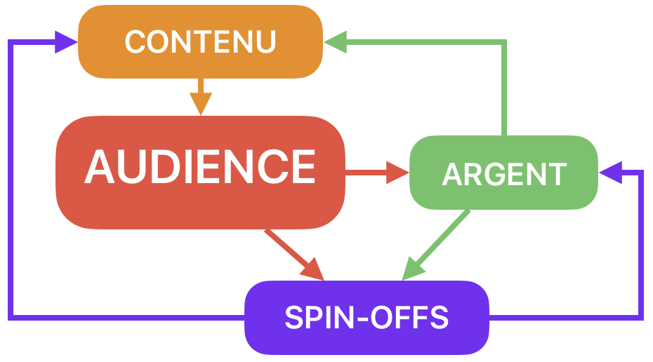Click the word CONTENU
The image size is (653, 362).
pyautogui.click(x=200, y=42)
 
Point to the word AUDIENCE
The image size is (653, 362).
pyautogui.click(x=200, y=167)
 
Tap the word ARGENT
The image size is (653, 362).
pyautogui.click(x=504, y=174)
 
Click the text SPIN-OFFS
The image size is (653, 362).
pyautogui.click(x=366, y=318)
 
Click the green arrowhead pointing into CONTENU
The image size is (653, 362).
pyautogui.click(x=336, y=42)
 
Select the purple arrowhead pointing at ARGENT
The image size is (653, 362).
pyautogui.click(x=609, y=172)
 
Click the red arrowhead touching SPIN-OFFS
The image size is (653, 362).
pyautogui.click(x=312, y=270)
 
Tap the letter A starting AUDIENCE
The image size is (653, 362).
pyautogui.click(x=100, y=167)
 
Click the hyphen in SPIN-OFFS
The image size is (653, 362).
pyautogui.click(x=360, y=320)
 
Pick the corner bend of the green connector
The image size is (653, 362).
pyautogui.click(x=503, y=43)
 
